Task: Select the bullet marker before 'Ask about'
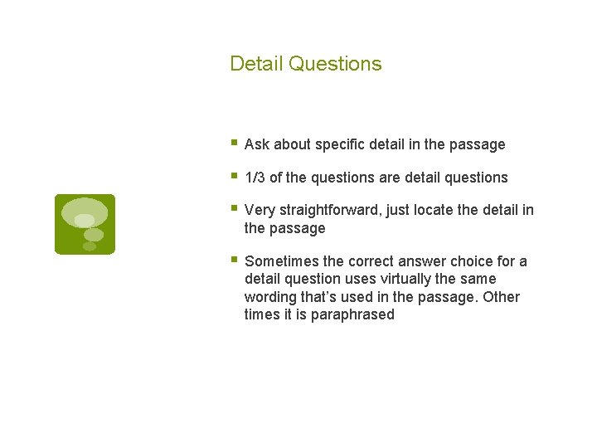coord(234,143)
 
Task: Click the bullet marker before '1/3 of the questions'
coord(234,176)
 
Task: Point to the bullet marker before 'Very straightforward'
coord(234,209)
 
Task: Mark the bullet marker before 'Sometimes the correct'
coord(234,260)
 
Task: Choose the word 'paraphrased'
coord(352,314)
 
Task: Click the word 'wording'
coord(271,297)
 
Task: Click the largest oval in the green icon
coord(85,212)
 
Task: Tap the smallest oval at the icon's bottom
coord(90,246)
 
